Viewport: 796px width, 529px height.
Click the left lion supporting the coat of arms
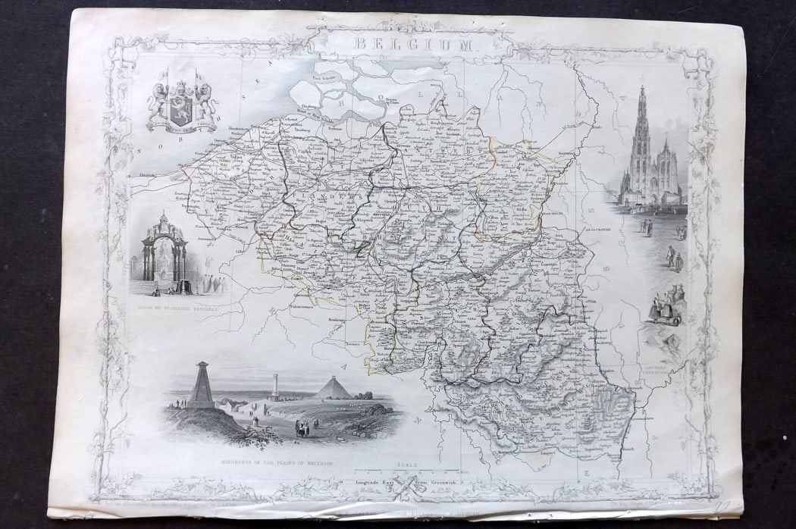click(161, 102)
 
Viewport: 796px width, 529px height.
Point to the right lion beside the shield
click(203, 102)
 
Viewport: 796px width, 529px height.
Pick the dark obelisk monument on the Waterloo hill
click(202, 387)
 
